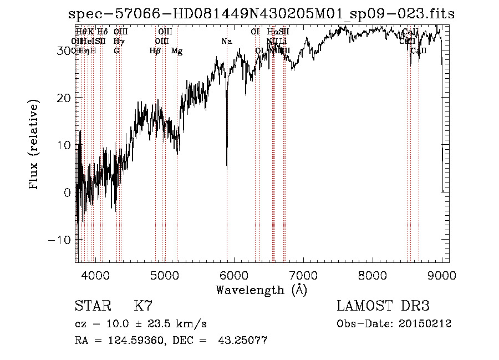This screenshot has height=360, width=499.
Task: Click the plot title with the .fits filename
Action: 261,14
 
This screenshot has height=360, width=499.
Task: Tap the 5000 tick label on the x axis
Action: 165,275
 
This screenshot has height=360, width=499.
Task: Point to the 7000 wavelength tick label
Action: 303,275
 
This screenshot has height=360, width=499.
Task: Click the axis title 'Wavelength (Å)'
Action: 261,290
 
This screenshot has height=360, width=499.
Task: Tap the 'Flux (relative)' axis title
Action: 34,145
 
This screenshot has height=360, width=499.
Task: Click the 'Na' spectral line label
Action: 226,42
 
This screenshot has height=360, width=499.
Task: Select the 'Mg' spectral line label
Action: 177,51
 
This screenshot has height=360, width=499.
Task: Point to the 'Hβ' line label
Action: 155,51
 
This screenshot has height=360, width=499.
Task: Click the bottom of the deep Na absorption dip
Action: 227,167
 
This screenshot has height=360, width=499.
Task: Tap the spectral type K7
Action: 143,306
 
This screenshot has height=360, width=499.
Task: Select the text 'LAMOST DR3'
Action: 383,306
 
